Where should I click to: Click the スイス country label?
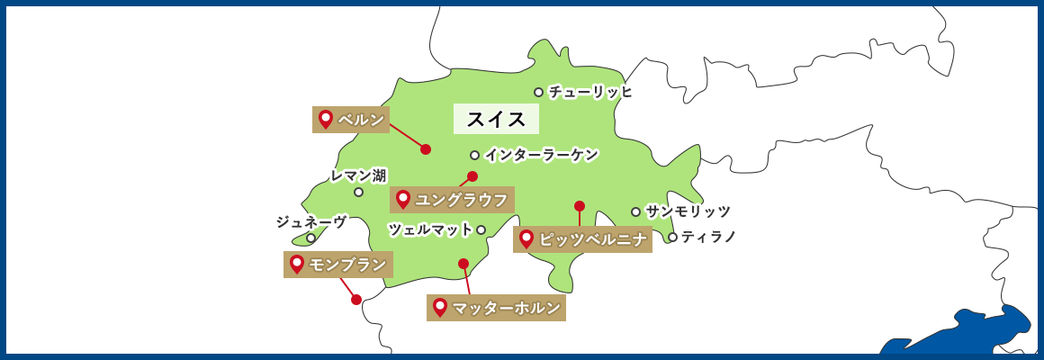point(496,119)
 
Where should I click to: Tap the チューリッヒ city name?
point(590,92)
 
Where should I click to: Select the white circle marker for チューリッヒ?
point(538,92)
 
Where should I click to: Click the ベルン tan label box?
point(351,120)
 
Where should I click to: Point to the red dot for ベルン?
point(426,149)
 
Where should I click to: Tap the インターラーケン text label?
point(541,155)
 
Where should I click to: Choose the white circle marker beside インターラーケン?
point(474,155)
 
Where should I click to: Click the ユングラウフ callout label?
point(452,200)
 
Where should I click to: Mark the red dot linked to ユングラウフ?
point(472,176)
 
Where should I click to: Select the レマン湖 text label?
point(358,175)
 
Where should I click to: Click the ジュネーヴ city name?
point(311,221)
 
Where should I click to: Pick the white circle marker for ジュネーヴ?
point(310,238)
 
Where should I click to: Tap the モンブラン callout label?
point(338,265)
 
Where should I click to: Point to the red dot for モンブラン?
point(356,300)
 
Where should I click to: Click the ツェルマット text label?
point(430,229)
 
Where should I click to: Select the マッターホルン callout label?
point(496,309)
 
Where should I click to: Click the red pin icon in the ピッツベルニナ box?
point(526,239)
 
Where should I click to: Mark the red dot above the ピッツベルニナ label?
point(580,206)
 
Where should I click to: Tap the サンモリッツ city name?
point(688,211)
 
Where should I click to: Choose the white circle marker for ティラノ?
point(672,237)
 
